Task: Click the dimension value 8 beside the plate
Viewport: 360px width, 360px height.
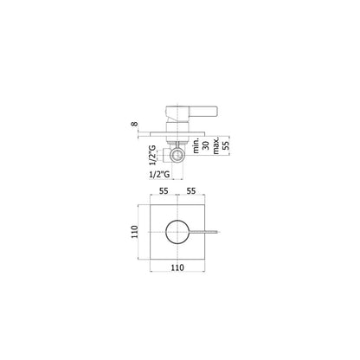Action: (134, 124)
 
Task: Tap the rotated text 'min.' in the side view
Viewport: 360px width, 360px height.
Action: (196, 145)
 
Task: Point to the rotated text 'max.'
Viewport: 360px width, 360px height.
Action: (216, 145)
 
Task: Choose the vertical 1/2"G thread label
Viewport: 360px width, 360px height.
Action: (153, 155)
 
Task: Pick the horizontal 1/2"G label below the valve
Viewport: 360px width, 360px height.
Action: (159, 174)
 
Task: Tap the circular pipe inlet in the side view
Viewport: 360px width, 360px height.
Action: (177, 155)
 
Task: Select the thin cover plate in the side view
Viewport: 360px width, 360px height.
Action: (177, 134)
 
